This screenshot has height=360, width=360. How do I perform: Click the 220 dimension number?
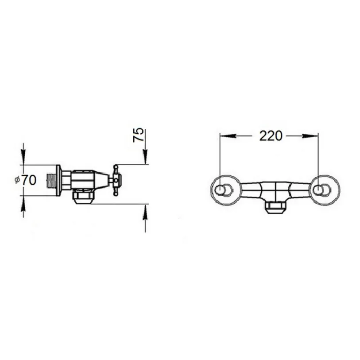coord(271,136)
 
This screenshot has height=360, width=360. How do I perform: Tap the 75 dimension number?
coord(139,135)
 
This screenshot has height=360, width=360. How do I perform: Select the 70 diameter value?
coord(29,180)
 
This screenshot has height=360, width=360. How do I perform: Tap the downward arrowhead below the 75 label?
coord(145,157)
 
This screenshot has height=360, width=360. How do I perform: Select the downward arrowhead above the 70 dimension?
coord(23,157)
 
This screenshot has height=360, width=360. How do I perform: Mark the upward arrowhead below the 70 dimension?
coord(23,204)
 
